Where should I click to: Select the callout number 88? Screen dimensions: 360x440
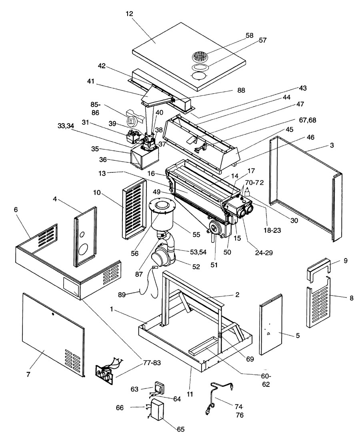(241, 90)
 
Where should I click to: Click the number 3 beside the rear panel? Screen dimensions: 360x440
(332, 145)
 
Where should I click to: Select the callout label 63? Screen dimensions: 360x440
(135, 389)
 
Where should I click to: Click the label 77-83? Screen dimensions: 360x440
(152, 363)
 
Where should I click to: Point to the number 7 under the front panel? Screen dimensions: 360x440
(28, 374)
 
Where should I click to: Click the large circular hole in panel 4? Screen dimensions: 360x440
(83, 250)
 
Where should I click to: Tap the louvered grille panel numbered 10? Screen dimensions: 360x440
(134, 209)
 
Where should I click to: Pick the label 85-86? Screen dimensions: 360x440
(96, 108)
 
